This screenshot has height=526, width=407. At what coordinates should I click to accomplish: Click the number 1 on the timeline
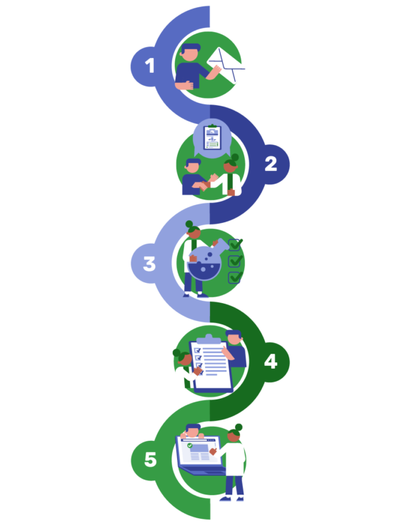click(149, 66)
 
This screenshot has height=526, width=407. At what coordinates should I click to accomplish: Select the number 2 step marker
click(271, 164)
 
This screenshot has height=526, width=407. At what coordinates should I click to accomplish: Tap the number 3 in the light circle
click(149, 264)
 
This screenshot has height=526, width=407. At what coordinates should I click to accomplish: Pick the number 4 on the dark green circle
click(271, 362)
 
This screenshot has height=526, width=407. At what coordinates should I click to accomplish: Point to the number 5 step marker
click(150, 460)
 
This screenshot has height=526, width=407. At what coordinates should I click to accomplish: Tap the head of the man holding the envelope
click(191, 52)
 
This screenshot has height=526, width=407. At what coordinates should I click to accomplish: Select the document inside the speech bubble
click(212, 137)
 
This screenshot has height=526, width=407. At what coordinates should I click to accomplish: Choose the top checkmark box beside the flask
click(235, 244)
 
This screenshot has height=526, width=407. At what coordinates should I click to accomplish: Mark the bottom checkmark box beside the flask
click(235, 277)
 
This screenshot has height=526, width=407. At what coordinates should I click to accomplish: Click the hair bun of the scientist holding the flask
click(189, 224)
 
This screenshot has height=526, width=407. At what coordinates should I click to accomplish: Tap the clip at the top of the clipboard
click(208, 339)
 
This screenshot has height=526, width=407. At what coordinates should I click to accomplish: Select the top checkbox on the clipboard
click(198, 350)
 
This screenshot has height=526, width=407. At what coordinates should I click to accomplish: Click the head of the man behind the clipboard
click(233, 337)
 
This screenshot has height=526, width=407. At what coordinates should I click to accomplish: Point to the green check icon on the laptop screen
click(190, 445)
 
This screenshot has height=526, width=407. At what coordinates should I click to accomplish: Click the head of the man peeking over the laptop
click(193, 430)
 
